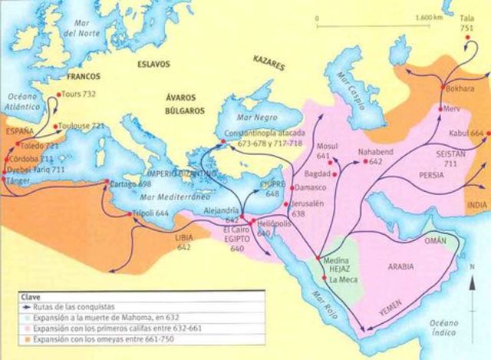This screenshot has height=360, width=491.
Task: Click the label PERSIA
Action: coord(431,174)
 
